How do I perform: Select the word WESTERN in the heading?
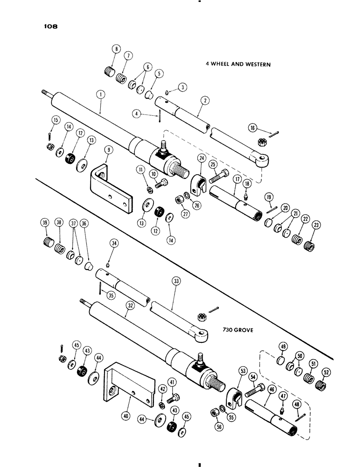click(x=256, y=65)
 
